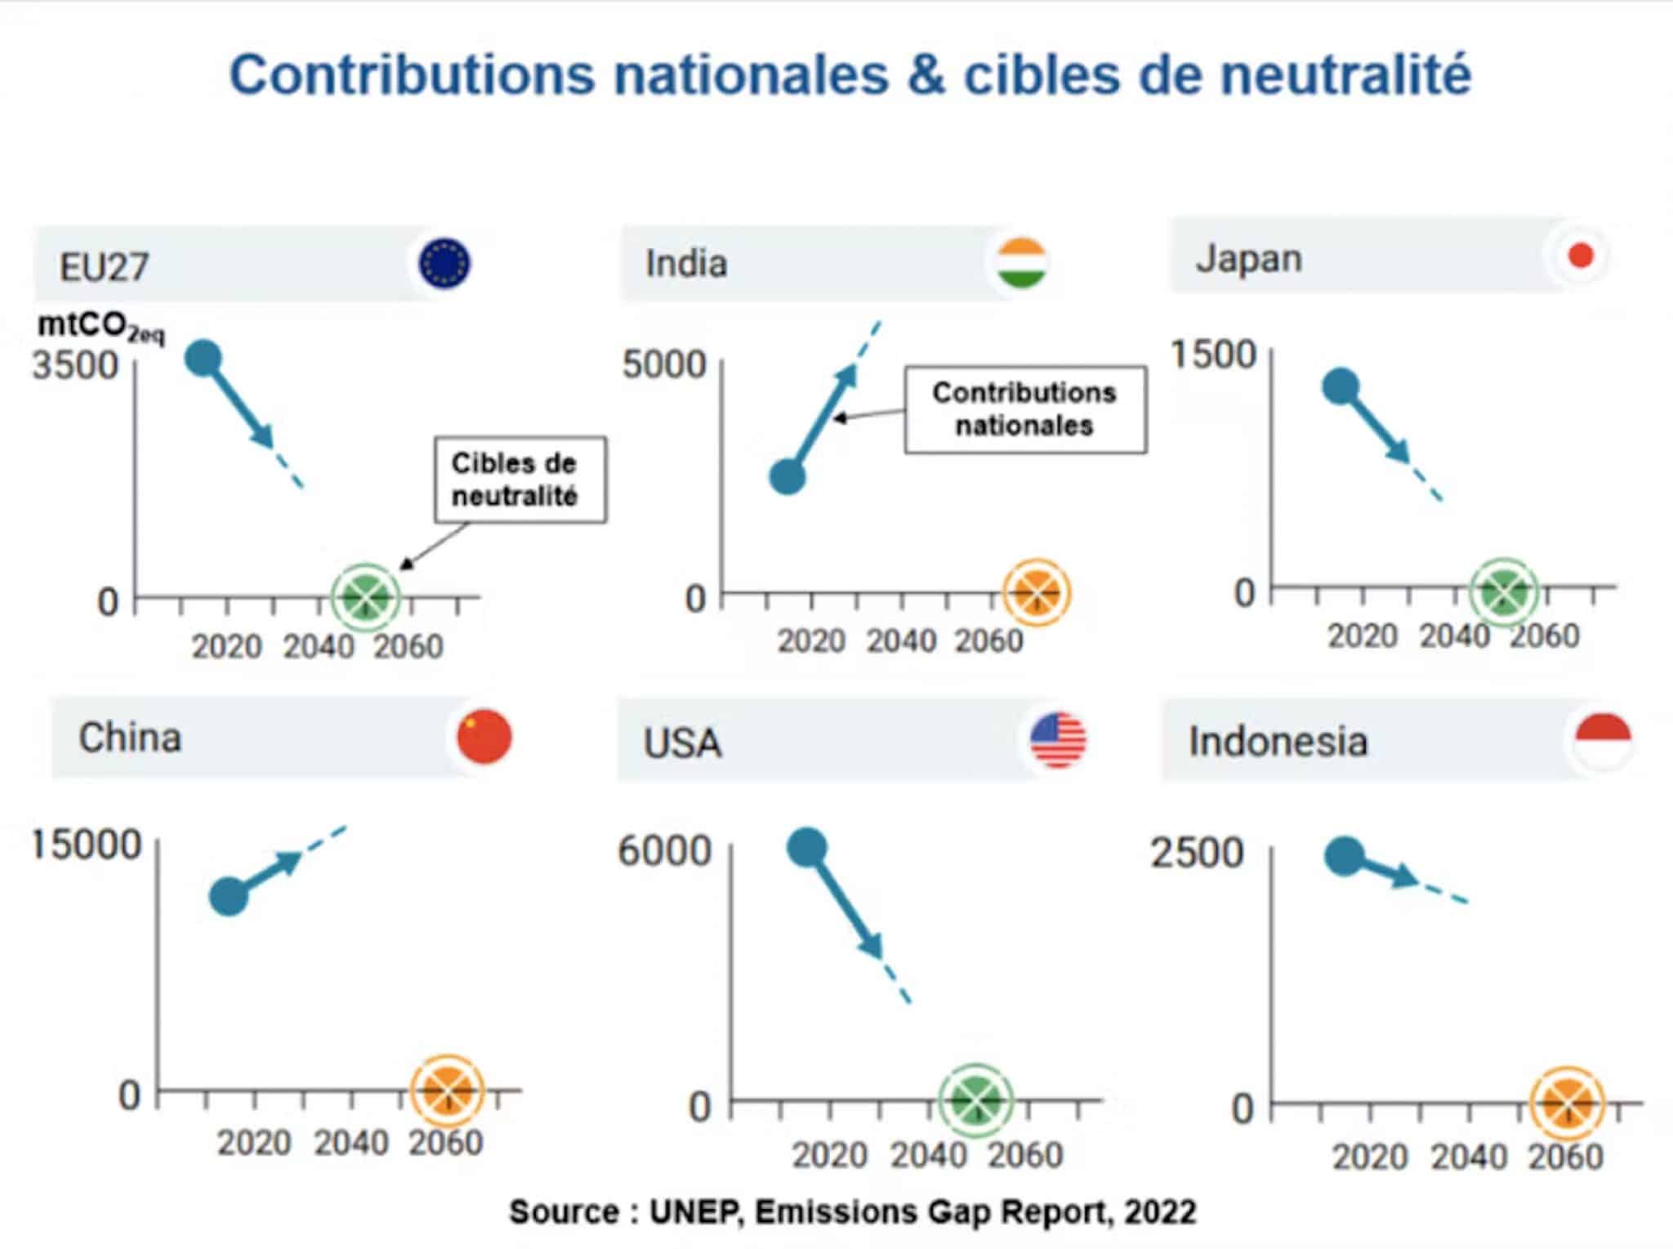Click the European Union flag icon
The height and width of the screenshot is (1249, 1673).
click(444, 264)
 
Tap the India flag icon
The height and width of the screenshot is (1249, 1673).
click(1022, 263)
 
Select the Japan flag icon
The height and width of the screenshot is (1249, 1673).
click(1581, 256)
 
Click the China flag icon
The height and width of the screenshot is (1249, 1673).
click(484, 737)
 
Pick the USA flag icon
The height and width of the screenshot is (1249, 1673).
click(1058, 740)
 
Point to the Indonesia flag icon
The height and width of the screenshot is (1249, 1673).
click(1603, 742)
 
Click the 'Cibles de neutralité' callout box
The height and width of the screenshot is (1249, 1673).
click(520, 480)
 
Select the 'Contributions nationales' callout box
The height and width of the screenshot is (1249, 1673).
click(1024, 409)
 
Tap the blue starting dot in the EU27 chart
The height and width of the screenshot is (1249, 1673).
click(203, 358)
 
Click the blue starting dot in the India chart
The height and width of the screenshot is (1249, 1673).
click(787, 477)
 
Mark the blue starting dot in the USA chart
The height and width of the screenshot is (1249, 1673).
click(807, 847)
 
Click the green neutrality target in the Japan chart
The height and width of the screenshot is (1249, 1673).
click(1503, 591)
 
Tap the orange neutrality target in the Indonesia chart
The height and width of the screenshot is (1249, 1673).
click(1567, 1103)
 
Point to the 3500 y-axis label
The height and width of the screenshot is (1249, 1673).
click(75, 365)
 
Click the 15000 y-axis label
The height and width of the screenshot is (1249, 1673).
click(87, 845)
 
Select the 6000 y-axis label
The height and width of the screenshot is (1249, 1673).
click(664, 851)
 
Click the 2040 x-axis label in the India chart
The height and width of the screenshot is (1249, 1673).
click(901, 642)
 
